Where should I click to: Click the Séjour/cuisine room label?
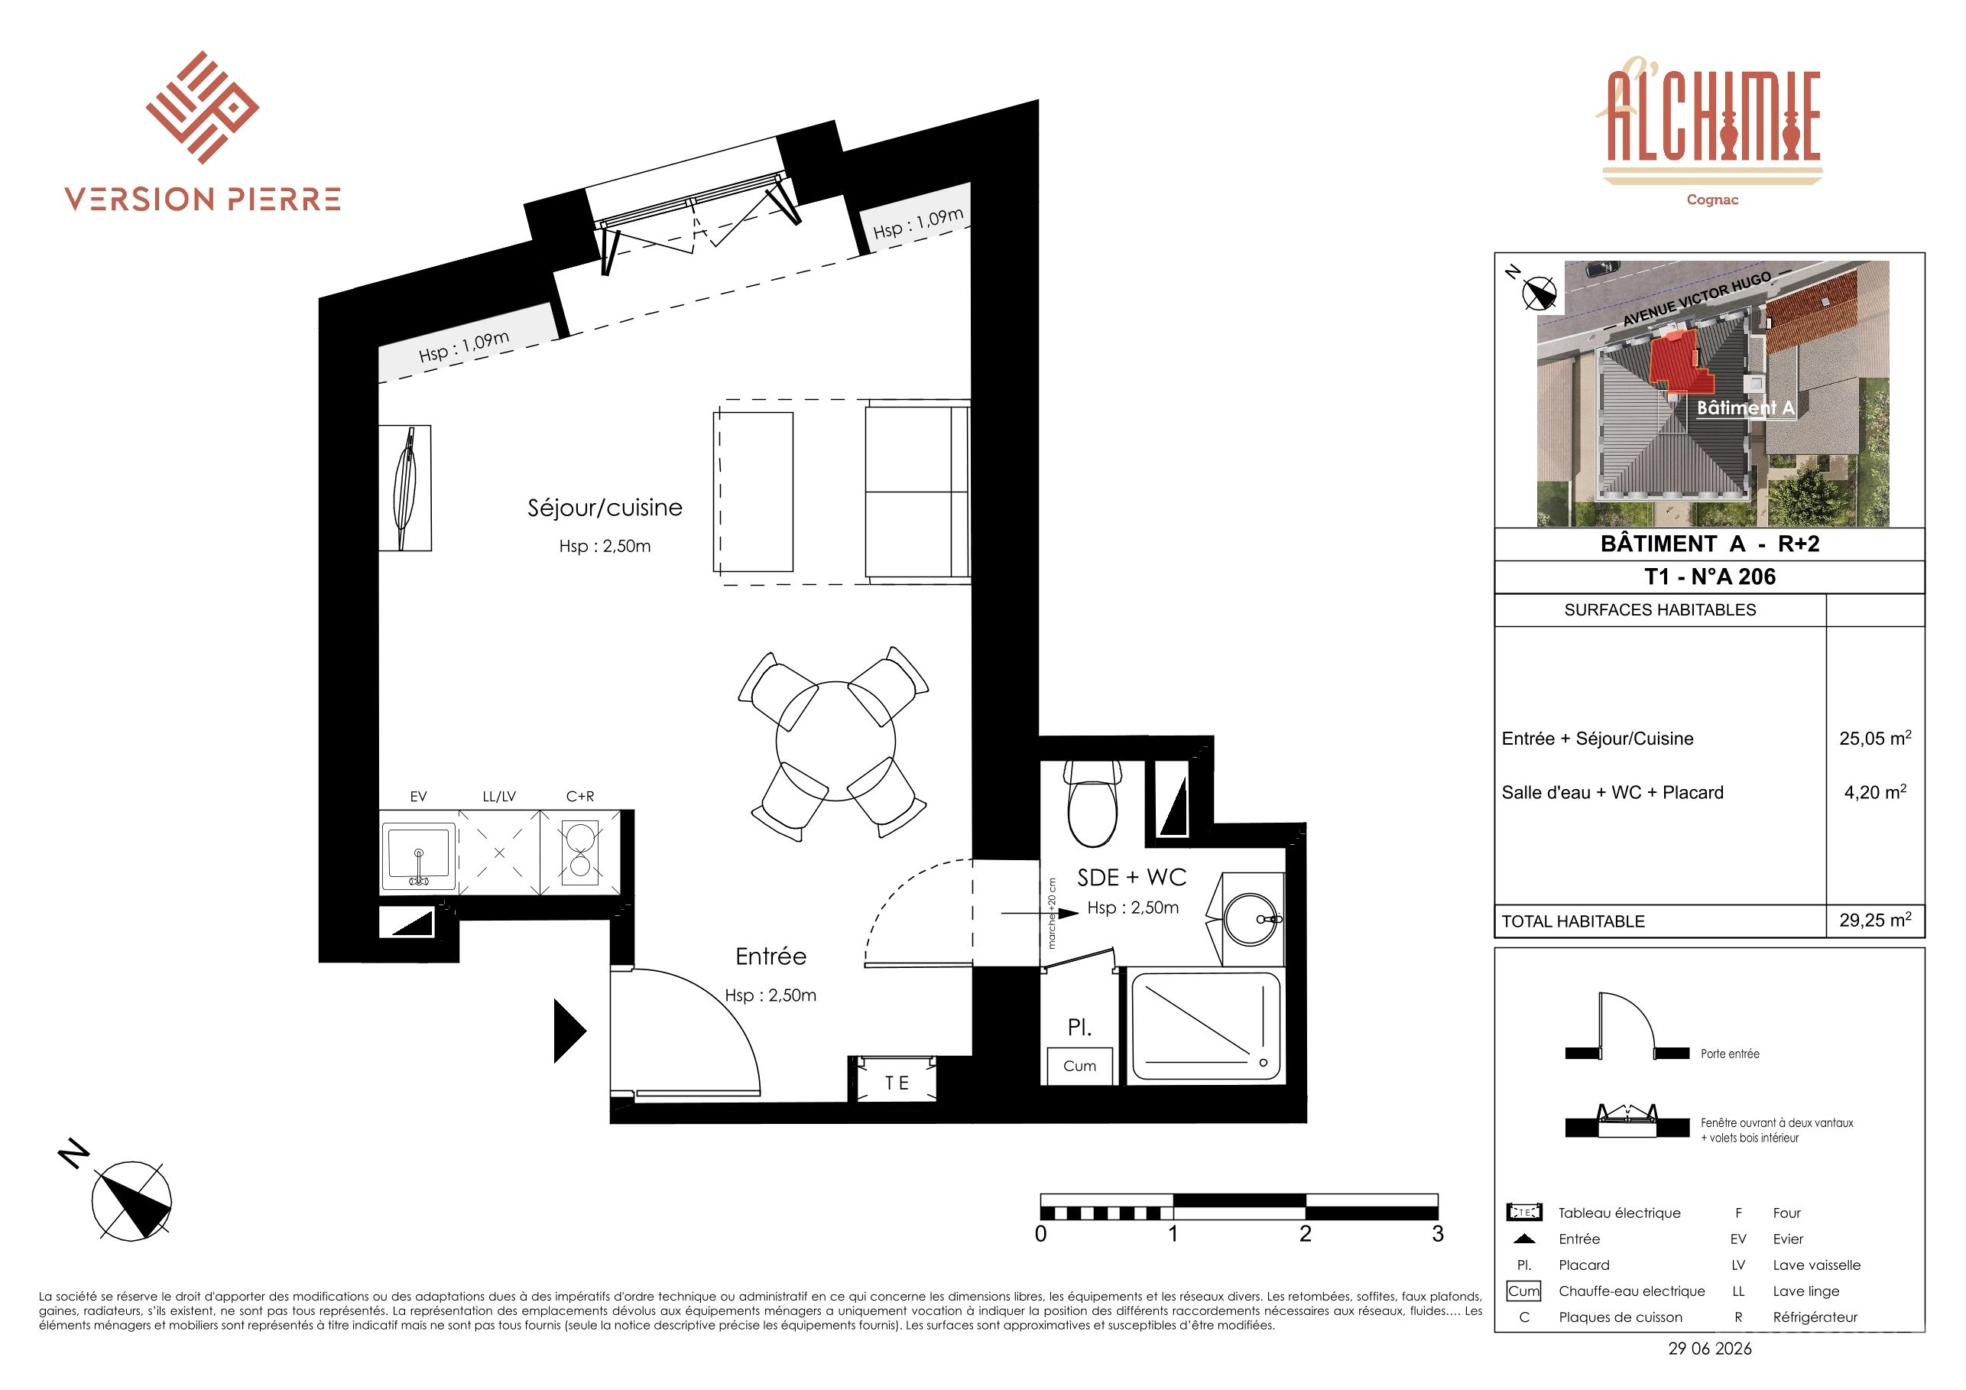605,508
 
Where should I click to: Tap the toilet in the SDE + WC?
1092,803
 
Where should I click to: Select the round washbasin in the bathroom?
1252,918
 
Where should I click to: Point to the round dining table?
835,741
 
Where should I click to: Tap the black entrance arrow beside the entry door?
570,1031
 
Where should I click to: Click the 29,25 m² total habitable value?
1875,920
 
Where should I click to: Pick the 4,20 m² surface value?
1875,791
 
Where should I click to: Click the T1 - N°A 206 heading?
1710,576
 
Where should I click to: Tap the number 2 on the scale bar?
1305,1233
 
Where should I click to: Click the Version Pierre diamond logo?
203,107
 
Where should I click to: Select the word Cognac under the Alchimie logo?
1711,200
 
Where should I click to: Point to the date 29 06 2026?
1710,1348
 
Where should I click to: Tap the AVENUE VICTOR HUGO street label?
1696,299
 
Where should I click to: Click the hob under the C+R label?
579,851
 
